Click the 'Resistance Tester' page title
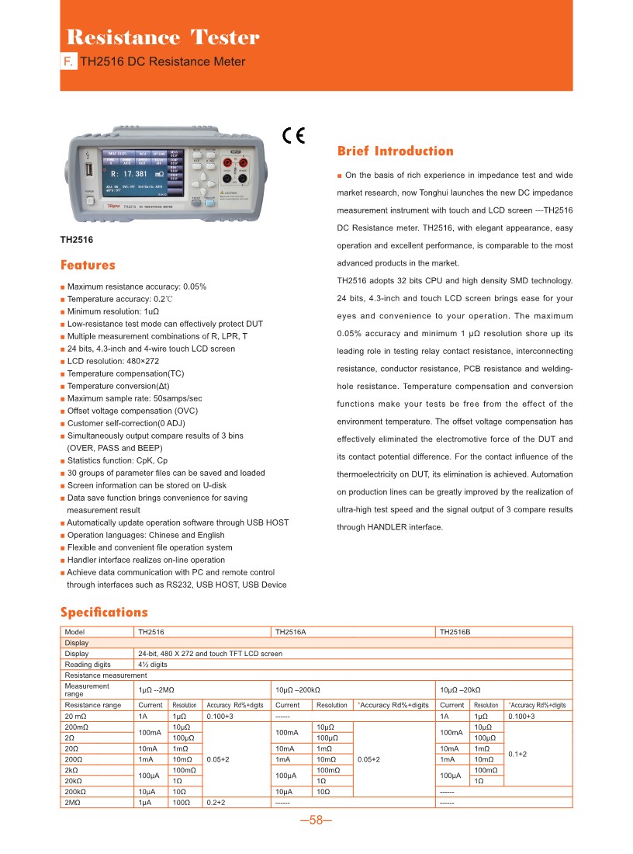tap(163, 37)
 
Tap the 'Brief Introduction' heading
tap(395, 151)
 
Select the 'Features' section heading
tap(88, 266)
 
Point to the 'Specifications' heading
tap(104, 613)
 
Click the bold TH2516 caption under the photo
tap(77, 240)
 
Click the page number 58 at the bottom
tap(316, 821)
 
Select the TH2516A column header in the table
tap(291, 632)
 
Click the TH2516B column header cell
tap(455, 632)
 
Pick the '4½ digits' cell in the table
tap(153, 665)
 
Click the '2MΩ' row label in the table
tap(74, 802)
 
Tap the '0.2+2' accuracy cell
tap(216, 802)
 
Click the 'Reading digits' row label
tap(88, 665)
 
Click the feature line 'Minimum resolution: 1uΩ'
tap(112, 311)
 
